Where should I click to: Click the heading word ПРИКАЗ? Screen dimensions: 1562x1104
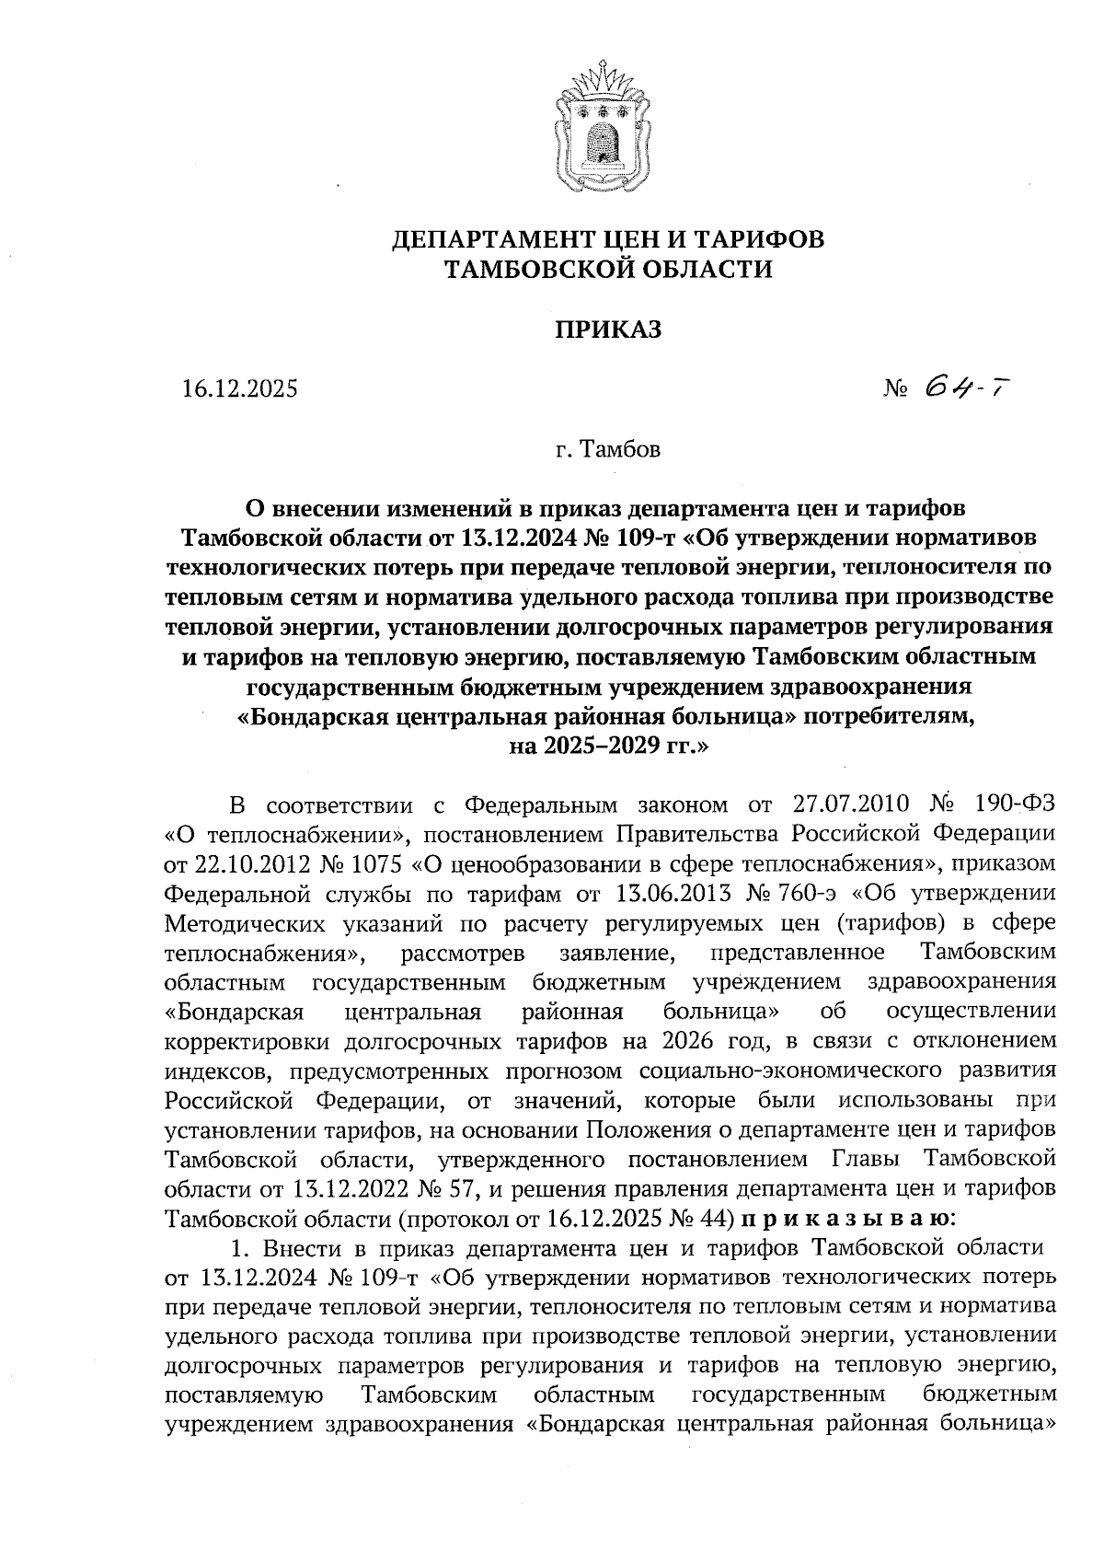coord(606,330)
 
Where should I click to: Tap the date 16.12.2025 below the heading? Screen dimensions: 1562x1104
coord(240,389)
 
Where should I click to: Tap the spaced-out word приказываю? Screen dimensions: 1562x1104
coord(846,1218)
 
